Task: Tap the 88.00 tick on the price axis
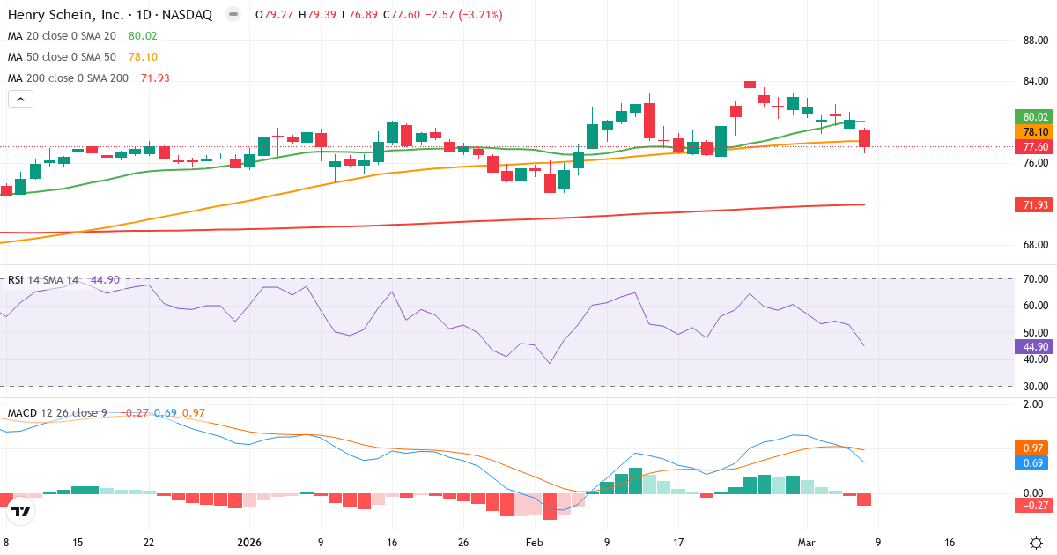[x=1034, y=40]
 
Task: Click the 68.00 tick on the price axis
[x=1034, y=245]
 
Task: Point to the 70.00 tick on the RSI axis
[x=1034, y=279]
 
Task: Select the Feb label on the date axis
[x=535, y=542]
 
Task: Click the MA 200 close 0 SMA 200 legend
[x=69, y=78]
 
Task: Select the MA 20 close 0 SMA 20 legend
[x=62, y=36]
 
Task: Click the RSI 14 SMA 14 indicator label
[x=44, y=280]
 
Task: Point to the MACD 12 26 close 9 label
[x=57, y=413]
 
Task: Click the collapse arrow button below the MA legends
[x=20, y=100]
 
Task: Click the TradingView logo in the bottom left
[x=21, y=511]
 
